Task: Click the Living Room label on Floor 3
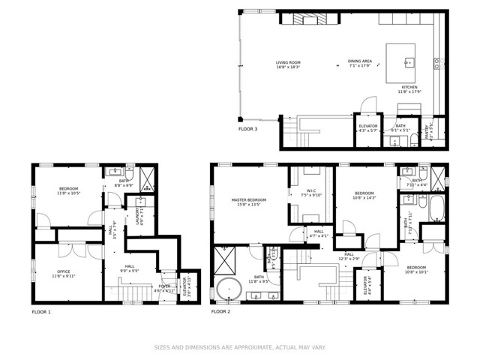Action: click(287, 64)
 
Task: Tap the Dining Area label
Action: click(360, 64)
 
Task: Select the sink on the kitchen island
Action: click(408, 61)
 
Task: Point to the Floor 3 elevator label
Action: click(368, 128)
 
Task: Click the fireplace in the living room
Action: click(304, 20)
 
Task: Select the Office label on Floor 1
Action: click(64, 274)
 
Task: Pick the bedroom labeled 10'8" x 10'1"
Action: click(416, 270)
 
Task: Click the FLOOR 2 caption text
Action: click(221, 310)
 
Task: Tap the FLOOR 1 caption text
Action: click(41, 310)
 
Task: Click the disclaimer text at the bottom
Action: click(239, 347)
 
